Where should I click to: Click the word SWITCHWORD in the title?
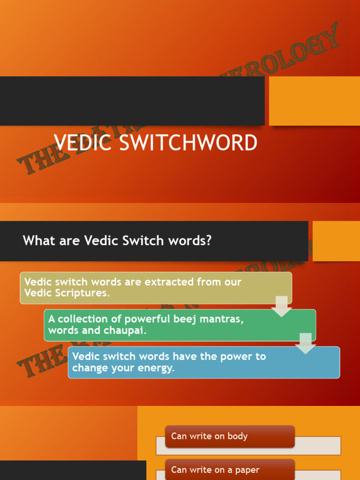(x=189, y=143)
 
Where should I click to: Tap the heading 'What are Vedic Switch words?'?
(x=117, y=241)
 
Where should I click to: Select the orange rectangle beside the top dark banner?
(x=314, y=101)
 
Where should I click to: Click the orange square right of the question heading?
(x=336, y=241)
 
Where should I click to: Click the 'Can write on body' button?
(x=230, y=436)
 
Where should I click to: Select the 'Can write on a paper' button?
(x=230, y=470)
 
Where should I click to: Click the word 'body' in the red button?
(x=237, y=436)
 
